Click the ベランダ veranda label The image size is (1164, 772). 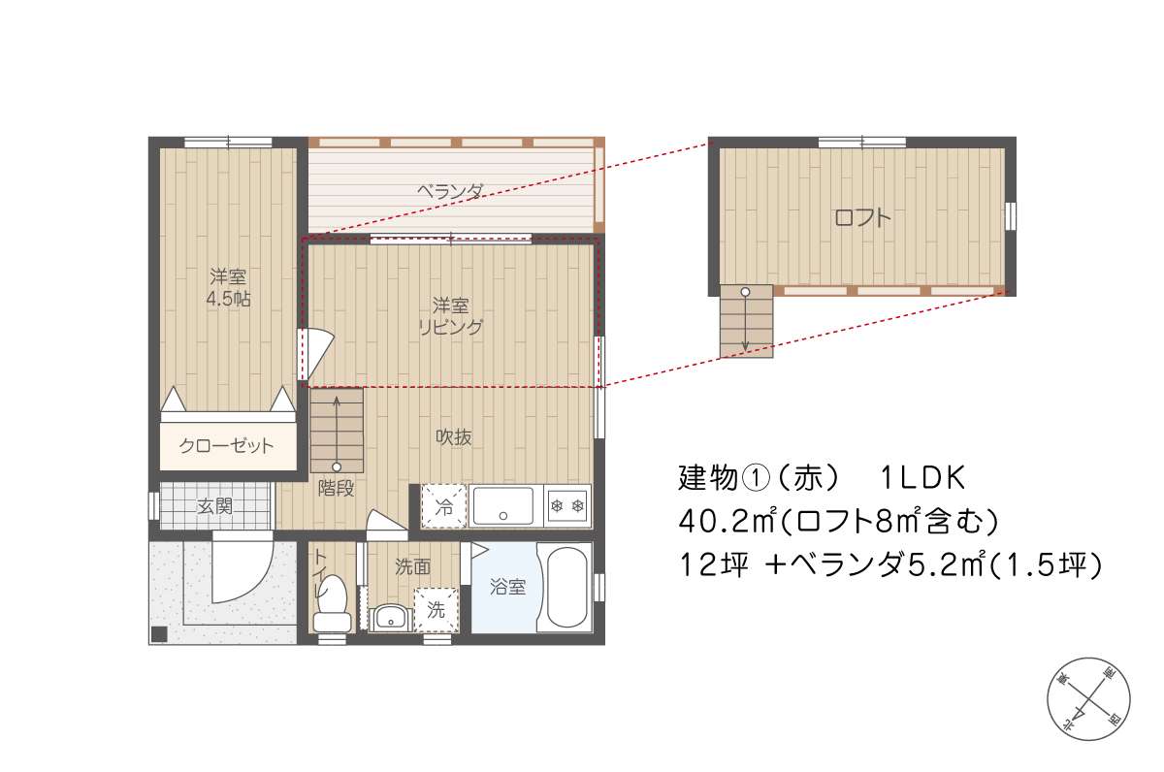(x=450, y=192)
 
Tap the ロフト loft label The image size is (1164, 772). (x=862, y=217)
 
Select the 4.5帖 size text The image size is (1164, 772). (x=228, y=299)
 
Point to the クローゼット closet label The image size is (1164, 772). (x=226, y=446)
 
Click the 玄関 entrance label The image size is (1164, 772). (x=214, y=506)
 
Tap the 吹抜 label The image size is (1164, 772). (x=453, y=437)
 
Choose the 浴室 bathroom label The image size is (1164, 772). (x=507, y=587)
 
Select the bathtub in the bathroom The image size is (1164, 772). (x=566, y=587)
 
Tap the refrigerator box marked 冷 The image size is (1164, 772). (x=444, y=506)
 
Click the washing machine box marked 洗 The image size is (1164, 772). (x=436, y=610)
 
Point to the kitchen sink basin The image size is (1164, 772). (x=502, y=506)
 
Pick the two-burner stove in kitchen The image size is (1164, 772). (x=566, y=506)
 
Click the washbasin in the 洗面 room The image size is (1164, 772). (x=390, y=618)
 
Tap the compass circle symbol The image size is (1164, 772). (x=1088, y=699)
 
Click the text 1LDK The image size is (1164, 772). (x=922, y=478)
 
